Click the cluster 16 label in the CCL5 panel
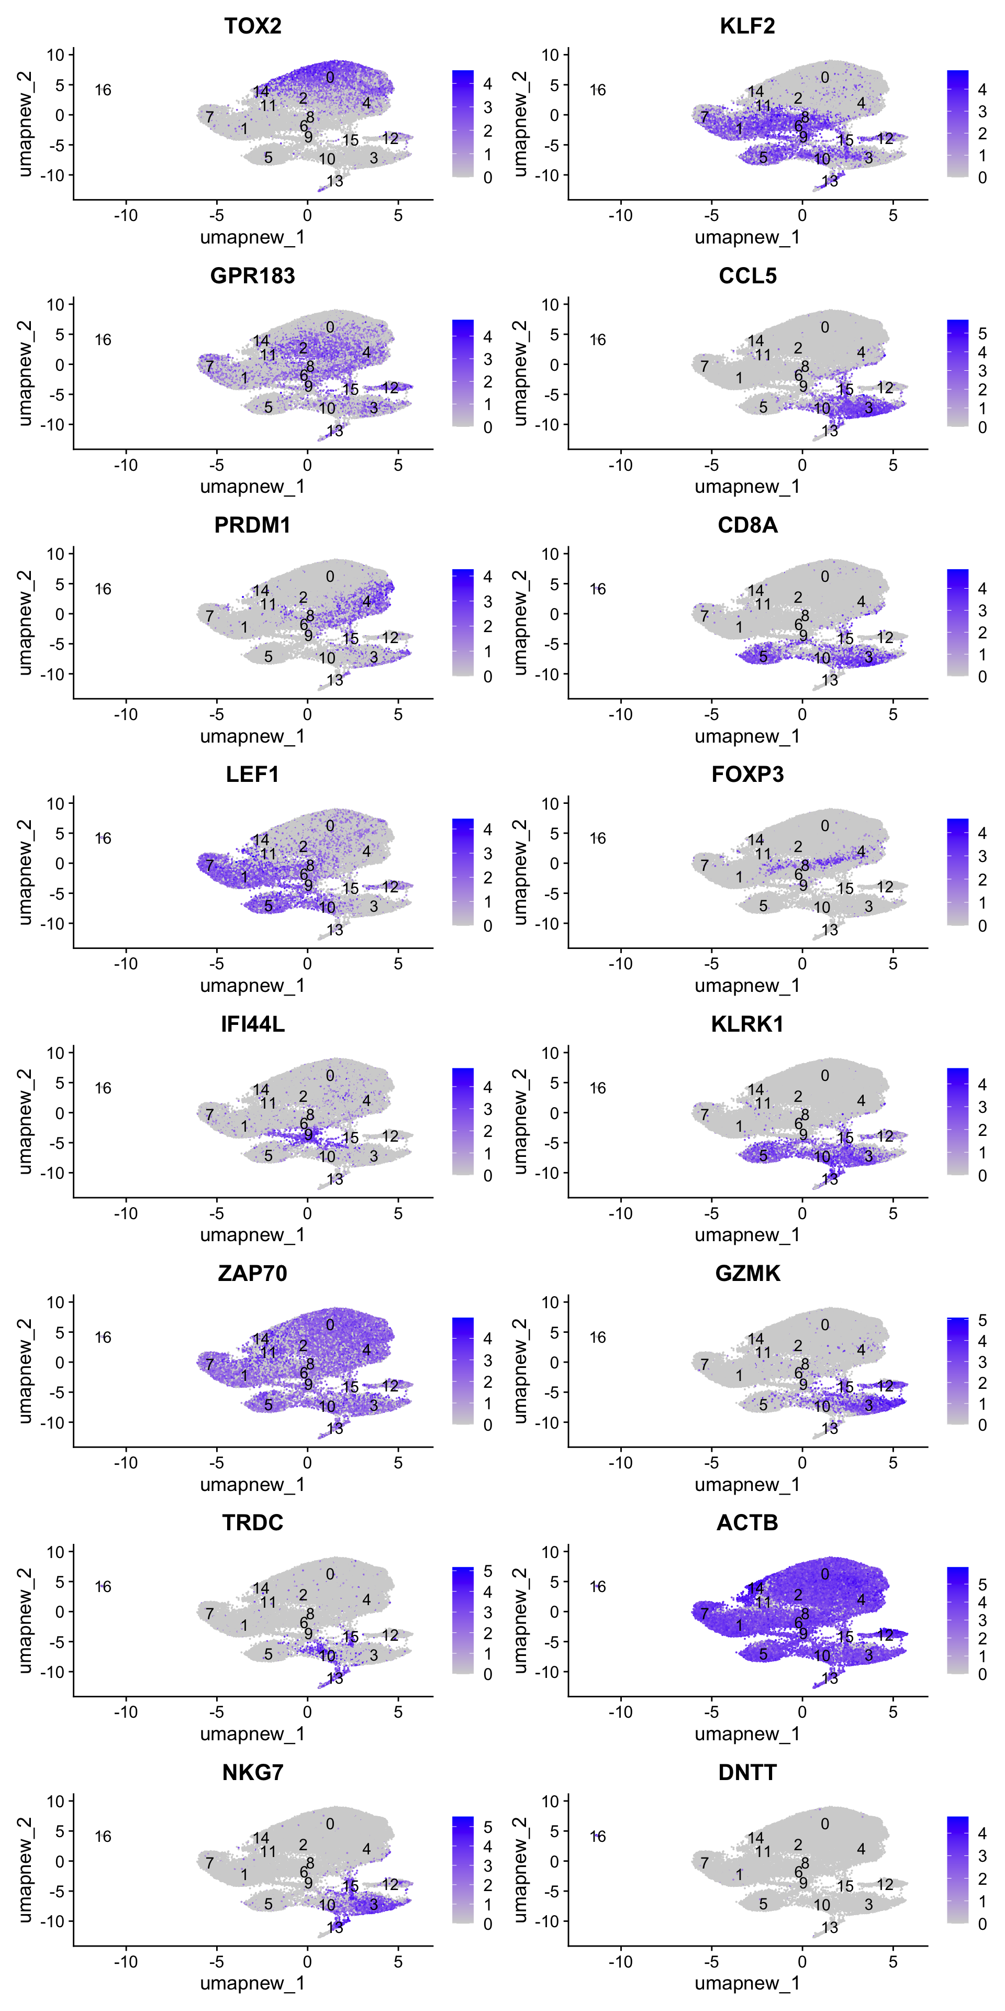(x=598, y=339)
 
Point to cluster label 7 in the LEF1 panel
(x=209, y=865)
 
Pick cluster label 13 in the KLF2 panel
(x=830, y=181)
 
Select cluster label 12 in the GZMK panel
(x=885, y=1386)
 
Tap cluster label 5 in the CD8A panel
(x=763, y=657)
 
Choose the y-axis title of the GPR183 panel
(x=25, y=373)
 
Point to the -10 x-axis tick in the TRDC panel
(x=126, y=1712)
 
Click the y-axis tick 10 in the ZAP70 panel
(x=55, y=1302)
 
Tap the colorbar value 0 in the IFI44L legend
(x=488, y=1176)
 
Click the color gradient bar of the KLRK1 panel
(x=957, y=1121)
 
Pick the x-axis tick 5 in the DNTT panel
(x=892, y=1962)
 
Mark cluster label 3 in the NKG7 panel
(x=374, y=1905)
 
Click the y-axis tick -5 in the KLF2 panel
(x=553, y=145)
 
